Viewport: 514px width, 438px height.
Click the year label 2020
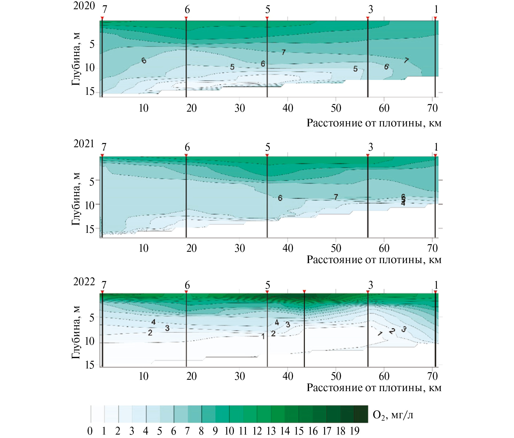tap(84, 6)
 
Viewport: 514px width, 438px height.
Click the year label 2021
tap(84, 144)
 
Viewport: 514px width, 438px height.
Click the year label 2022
tap(84, 282)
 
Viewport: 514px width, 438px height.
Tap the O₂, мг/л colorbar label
tap(393, 415)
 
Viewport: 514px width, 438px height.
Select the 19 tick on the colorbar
tap(354, 431)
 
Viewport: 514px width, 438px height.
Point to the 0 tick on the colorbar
tap(90, 431)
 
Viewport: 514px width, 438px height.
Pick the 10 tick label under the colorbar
tap(229, 431)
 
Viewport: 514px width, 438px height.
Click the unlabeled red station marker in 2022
tap(304, 291)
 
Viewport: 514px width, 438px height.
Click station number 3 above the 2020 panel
tap(371, 9)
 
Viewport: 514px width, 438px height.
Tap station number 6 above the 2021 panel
tap(187, 147)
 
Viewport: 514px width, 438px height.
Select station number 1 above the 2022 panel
tap(436, 285)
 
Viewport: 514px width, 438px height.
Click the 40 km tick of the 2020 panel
tap(288, 108)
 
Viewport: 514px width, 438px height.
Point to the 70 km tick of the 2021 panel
tap(432, 248)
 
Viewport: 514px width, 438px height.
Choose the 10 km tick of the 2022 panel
tap(143, 376)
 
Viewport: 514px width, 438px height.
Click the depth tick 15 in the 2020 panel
tap(90, 92)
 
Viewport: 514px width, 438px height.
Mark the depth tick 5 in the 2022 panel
tap(92, 318)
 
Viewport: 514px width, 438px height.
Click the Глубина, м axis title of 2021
tap(76, 199)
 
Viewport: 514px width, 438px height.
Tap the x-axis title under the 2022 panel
tap(374, 388)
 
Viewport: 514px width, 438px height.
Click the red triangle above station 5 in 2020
tap(267, 18)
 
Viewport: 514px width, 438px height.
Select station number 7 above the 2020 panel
tap(105, 9)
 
